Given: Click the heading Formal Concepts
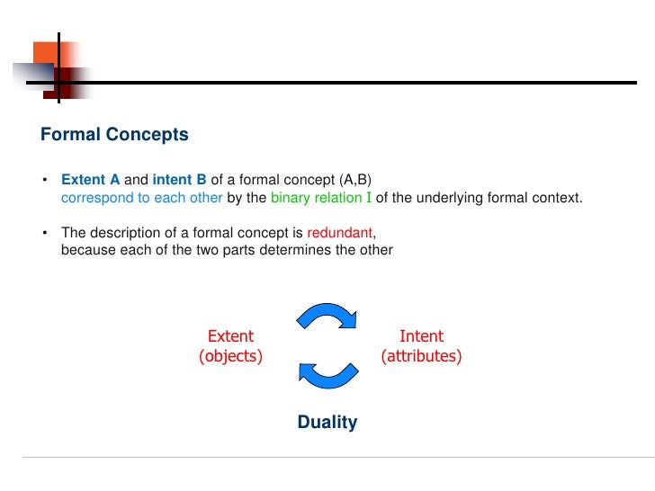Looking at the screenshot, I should [x=114, y=135].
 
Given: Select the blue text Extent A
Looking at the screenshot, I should [x=90, y=179].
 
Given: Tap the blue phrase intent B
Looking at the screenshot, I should [x=179, y=179].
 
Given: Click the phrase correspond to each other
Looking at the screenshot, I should [x=141, y=197].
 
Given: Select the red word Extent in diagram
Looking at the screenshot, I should [x=230, y=336].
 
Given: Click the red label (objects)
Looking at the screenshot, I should [x=230, y=356].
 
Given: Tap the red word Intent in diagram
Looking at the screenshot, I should [x=421, y=336].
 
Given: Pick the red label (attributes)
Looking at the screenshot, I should [x=421, y=356].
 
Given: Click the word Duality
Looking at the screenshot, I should [x=327, y=422].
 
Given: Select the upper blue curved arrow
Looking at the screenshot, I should [x=327, y=316].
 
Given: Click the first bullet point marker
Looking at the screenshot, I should [x=44, y=179].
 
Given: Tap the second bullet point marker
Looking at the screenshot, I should [x=44, y=233].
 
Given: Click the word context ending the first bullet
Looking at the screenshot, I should [x=559, y=197].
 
